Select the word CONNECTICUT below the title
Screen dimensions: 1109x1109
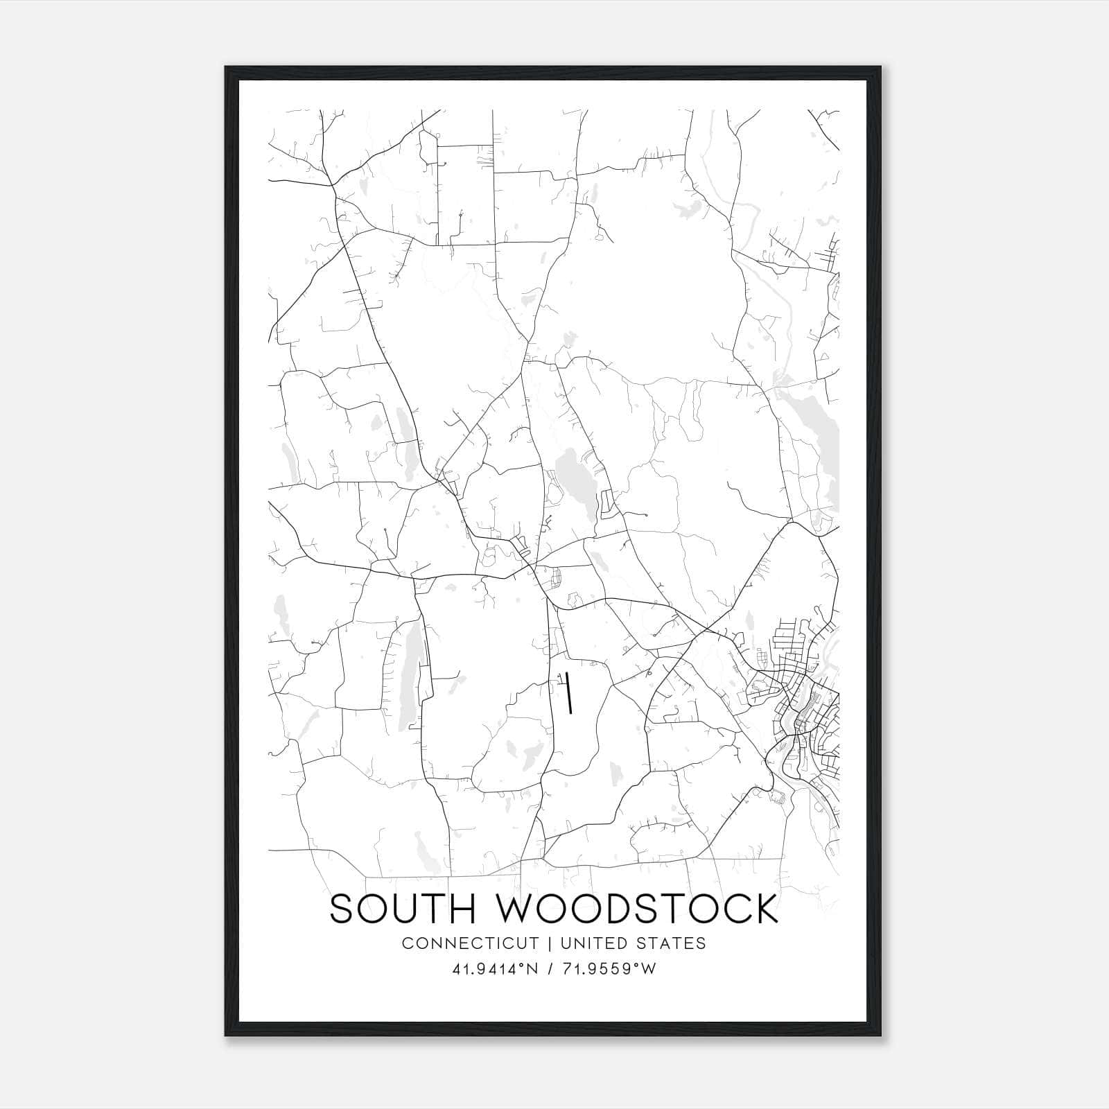point(470,943)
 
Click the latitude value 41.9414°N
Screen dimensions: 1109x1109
point(495,969)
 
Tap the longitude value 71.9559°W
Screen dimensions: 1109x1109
point(610,969)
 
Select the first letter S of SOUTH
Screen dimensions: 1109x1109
point(340,909)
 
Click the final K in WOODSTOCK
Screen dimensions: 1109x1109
point(766,909)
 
